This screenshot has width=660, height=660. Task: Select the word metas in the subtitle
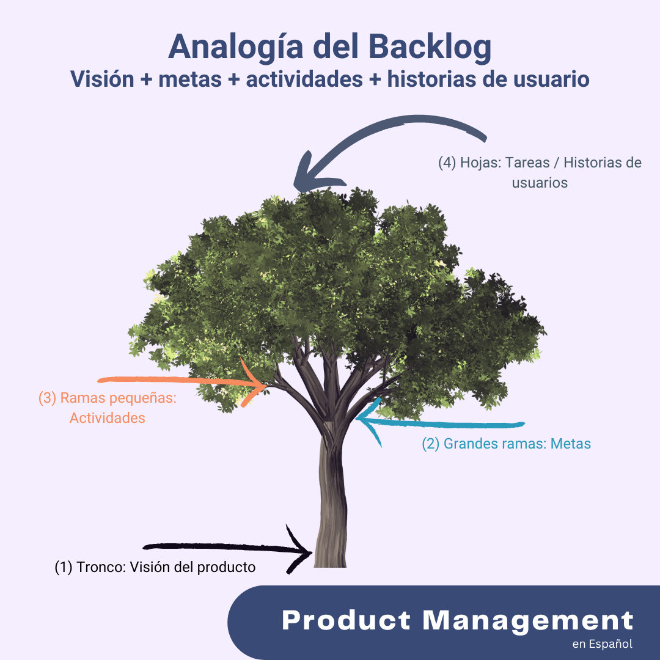click(189, 79)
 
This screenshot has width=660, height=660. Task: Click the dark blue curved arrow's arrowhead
click(306, 177)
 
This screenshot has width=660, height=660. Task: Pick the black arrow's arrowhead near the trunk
click(302, 550)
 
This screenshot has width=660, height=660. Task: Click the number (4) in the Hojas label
click(448, 163)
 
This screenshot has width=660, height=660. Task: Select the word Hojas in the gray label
click(482, 163)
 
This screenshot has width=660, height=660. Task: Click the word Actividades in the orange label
click(108, 418)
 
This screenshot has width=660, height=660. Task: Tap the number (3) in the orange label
click(47, 398)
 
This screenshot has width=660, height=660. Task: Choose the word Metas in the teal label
click(571, 444)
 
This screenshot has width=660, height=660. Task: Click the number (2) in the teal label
click(431, 444)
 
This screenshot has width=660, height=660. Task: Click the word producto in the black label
click(227, 567)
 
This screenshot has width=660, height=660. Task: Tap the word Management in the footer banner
click(529, 620)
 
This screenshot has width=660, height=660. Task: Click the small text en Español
click(602, 643)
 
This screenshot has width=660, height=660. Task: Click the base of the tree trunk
click(330, 559)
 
